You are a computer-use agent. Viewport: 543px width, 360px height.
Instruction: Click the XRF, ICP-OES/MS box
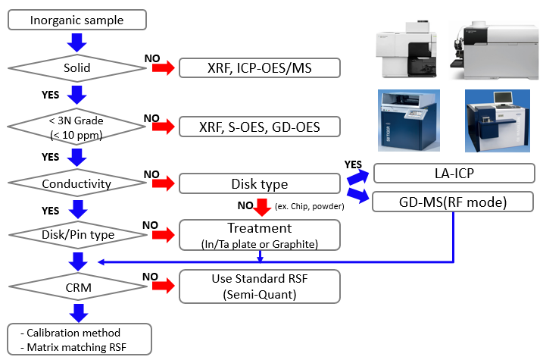tap(259, 69)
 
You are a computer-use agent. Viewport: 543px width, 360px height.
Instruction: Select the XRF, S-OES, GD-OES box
tap(259, 126)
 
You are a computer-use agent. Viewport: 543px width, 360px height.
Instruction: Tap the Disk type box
tap(259, 183)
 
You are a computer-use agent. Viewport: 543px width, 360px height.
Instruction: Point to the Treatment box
tap(259, 233)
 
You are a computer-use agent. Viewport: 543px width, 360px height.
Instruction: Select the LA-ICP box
tap(454, 174)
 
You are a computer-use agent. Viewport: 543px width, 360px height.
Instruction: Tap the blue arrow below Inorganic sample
tap(77, 43)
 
